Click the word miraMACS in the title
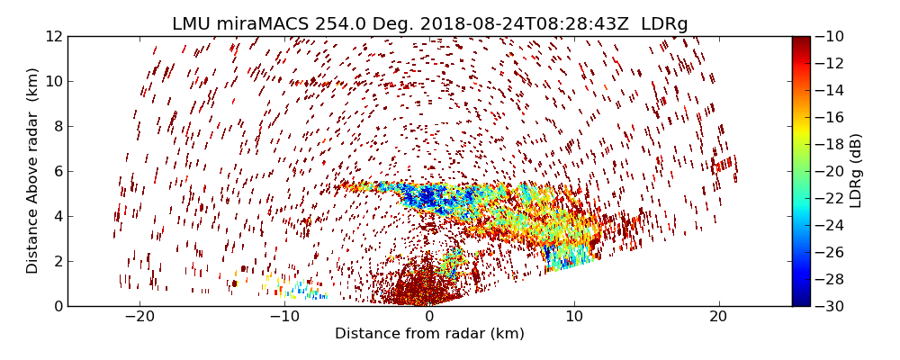(x=264, y=24)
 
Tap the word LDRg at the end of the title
(x=664, y=24)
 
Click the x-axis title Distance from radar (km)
(x=429, y=334)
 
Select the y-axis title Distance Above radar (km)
(x=33, y=171)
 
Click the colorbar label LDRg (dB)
(x=856, y=171)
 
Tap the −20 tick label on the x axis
(x=139, y=317)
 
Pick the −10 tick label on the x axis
(x=284, y=317)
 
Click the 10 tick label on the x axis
(x=574, y=317)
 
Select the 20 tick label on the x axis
(x=718, y=317)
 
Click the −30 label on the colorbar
(x=829, y=306)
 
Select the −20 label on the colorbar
(x=829, y=171)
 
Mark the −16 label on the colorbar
(x=829, y=117)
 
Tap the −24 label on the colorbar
(x=829, y=225)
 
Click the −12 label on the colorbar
(x=829, y=63)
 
